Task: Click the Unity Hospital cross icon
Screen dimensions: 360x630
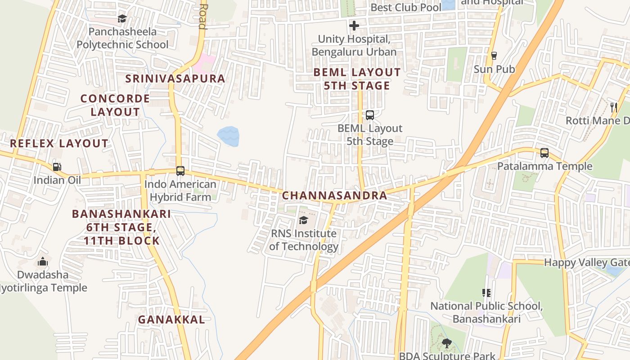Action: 354,26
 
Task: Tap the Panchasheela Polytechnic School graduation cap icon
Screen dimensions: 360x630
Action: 122,18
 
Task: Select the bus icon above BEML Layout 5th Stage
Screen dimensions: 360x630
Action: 369,115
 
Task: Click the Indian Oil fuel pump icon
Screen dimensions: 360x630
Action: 57,167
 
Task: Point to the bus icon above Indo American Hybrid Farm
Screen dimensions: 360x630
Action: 180,171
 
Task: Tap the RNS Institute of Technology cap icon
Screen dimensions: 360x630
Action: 303,220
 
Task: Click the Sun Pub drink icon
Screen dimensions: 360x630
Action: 494,56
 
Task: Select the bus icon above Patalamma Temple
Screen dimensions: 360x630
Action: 544,153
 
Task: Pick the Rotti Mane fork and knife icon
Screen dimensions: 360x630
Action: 613,107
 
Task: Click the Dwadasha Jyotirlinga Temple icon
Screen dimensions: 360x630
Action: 43,261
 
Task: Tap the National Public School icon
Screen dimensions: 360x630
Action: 486,293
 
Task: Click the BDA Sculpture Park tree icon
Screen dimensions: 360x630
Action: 446,343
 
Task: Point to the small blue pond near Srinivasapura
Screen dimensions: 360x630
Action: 228,136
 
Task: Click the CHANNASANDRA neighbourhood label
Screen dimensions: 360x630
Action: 334,195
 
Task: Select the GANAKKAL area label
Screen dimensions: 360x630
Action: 171,319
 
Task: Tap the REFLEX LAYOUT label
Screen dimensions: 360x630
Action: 59,144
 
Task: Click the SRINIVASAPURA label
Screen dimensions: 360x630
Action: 175,78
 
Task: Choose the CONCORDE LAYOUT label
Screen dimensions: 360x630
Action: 115,105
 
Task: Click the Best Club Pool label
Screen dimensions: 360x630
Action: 405,8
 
